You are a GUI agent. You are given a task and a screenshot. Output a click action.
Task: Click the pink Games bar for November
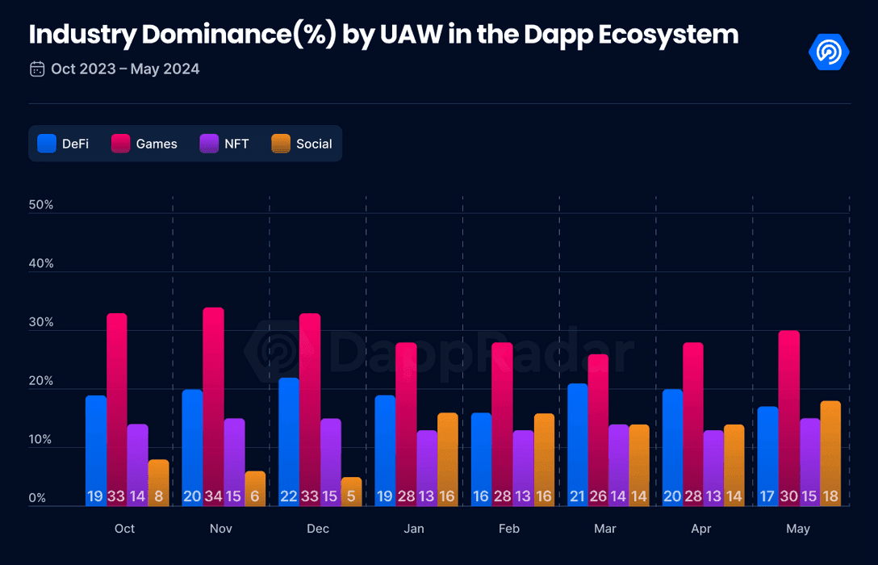pyautogui.click(x=213, y=404)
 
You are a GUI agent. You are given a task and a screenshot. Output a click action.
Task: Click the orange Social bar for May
pyautogui.click(x=830, y=452)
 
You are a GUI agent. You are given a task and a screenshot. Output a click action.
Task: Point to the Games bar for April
pyautogui.click(x=693, y=424)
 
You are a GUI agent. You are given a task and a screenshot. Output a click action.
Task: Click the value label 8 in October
pyautogui.click(x=158, y=496)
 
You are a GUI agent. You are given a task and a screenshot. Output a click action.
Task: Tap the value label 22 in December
pyautogui.click(x=289, y=496)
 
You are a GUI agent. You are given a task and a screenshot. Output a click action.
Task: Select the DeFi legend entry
pyautogui.click(x=63, y=144)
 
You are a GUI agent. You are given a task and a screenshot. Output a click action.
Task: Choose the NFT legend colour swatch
pyautogui.click(x=210, y=144)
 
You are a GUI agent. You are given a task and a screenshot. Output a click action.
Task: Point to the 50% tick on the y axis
pyautogui.click(x=40, y=205)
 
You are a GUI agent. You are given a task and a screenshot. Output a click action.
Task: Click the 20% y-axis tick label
pyautogui.click(x=40, y=381)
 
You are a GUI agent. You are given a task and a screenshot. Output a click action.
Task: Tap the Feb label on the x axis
pyautogui.click(x=509, y=529)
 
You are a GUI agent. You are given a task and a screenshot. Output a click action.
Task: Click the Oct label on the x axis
pyautogui.click(x=125, y=529)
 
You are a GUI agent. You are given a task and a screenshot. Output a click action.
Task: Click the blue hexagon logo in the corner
pyautogui.click(x=829, y=52)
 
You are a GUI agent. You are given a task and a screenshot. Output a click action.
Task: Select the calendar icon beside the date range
pyautogui.click(x=37, y=69)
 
